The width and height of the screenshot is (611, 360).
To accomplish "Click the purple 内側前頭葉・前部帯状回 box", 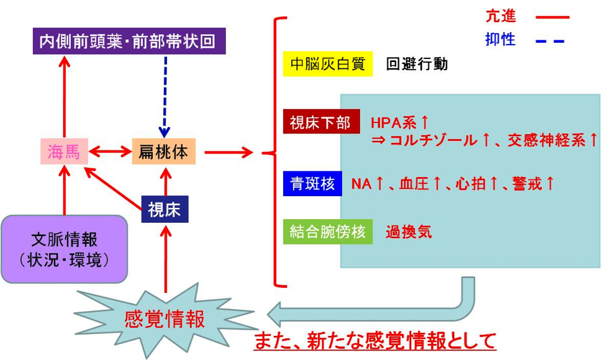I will point(128,42).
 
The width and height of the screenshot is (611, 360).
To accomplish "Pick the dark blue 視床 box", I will point(165,209).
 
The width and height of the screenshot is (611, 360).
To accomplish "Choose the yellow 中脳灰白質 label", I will point(327,63).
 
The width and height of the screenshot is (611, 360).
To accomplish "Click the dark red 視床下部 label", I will point(321,122).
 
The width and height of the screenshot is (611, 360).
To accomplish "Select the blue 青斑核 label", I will point(312,184).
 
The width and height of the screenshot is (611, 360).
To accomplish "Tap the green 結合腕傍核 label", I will point(328,232).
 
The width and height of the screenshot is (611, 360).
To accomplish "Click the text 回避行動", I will point(417,63).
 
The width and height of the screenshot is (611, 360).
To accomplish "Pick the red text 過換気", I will point(409,233).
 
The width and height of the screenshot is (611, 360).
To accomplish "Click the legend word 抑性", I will point(500,40).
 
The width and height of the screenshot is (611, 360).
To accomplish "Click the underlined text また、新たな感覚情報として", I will point(375,341).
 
